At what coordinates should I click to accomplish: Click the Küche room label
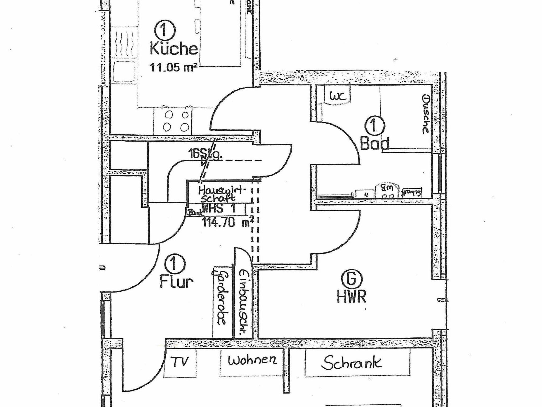[x=174, y=49]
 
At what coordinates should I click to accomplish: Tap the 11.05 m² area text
[x=173, y=67]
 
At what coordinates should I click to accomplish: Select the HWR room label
[x=351, y=297]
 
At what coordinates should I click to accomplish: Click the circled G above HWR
[x=351, y=279]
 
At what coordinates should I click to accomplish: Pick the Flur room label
[x=176, y=282]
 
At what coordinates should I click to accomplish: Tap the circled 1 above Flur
[x=175, y=264]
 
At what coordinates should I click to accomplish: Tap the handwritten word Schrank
[x=351, y=362]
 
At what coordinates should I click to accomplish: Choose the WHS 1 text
[x=219, y=209]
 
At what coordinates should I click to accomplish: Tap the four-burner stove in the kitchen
[x=176, y=121]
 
